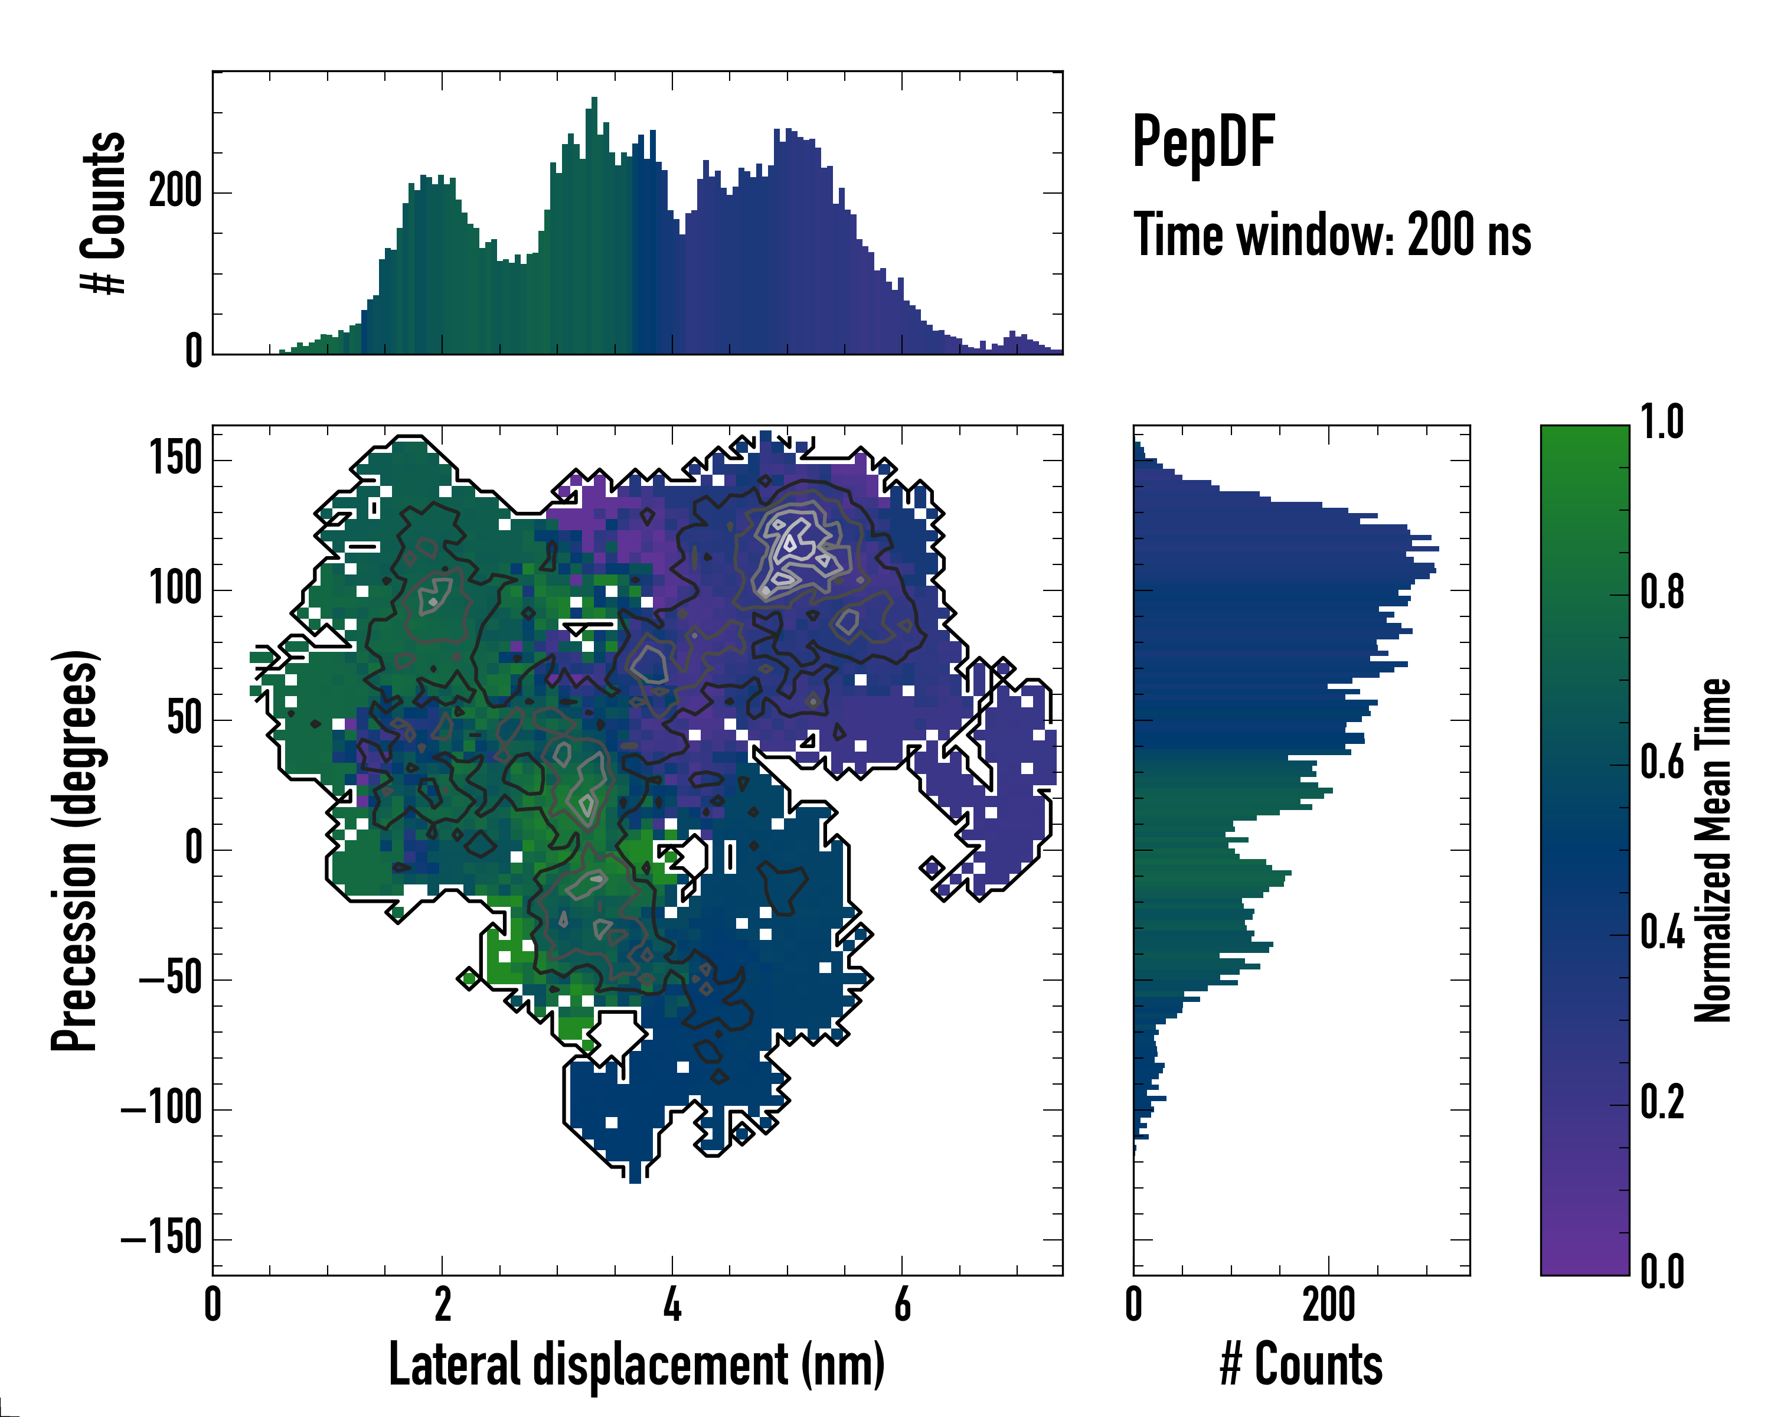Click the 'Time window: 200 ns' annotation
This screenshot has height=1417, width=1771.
tap(1332, 236)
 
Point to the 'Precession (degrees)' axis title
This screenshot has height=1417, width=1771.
tap(75, 850)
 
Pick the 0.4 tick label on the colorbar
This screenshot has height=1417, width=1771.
tap(1662, 933)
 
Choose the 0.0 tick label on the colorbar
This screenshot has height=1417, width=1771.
tap(1662, 1272)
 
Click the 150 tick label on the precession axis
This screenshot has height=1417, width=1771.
tap(176, 458)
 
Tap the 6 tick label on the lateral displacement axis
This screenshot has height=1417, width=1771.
tap(902, 1304)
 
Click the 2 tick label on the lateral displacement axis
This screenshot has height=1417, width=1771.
tap(443, 1304)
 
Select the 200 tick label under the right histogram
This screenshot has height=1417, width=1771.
tap(1328, 1304)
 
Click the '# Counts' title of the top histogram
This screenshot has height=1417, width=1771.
tap(103, 213)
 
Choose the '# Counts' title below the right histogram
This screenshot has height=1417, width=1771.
tap(1301, 1364)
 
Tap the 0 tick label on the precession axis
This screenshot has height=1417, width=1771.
tap(193, 850)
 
